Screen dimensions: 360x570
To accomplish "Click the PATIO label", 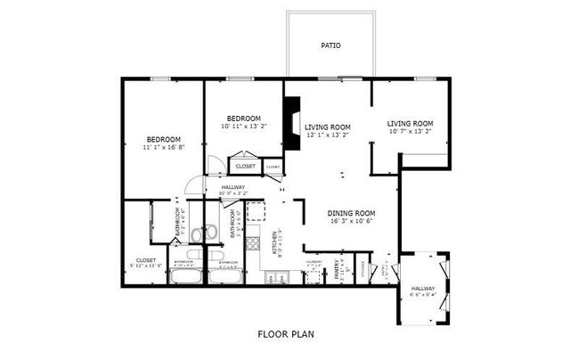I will pos(330,45).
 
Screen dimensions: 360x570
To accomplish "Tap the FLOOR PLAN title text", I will pos(286,334).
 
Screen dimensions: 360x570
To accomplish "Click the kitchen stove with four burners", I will pos(255,241).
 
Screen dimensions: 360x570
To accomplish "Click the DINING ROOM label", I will pos(351,213).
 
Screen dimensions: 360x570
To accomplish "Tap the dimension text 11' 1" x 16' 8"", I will pos(164,147).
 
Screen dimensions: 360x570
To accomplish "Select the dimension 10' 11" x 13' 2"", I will pos(243,127).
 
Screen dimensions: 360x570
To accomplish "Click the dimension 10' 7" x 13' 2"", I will pos(410,131).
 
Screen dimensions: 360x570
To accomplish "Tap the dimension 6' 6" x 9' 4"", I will pos(423,295).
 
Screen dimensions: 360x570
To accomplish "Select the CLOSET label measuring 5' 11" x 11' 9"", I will pos(146,260).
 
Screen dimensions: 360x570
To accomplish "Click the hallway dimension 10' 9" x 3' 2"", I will pos(227,193).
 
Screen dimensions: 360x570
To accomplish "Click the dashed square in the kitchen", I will pos(256,211).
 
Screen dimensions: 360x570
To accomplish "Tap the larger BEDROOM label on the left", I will pos(164,139).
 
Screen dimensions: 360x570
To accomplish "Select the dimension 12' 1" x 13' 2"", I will pos(328,135).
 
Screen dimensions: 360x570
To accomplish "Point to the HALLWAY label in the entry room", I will pos(423,289).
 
